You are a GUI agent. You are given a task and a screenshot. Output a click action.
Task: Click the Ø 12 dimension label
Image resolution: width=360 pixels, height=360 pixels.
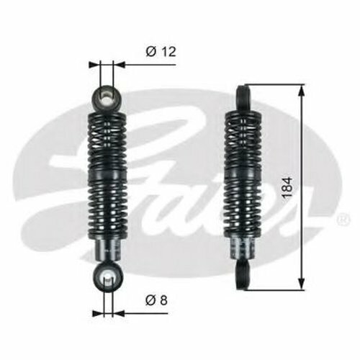click(161, 52)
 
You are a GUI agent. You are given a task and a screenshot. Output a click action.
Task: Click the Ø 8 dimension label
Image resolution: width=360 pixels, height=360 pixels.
click(156, 300)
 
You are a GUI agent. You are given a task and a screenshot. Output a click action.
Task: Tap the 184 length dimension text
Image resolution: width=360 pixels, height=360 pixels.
click(287, 188)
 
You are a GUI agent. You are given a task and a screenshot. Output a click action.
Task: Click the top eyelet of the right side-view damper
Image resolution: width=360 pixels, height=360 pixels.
click(244, 98)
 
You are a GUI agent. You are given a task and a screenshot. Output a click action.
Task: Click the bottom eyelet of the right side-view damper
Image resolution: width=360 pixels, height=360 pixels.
click(244, 275)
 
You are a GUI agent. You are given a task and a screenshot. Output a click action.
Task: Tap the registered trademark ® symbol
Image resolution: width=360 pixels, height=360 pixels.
click(343, 219)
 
